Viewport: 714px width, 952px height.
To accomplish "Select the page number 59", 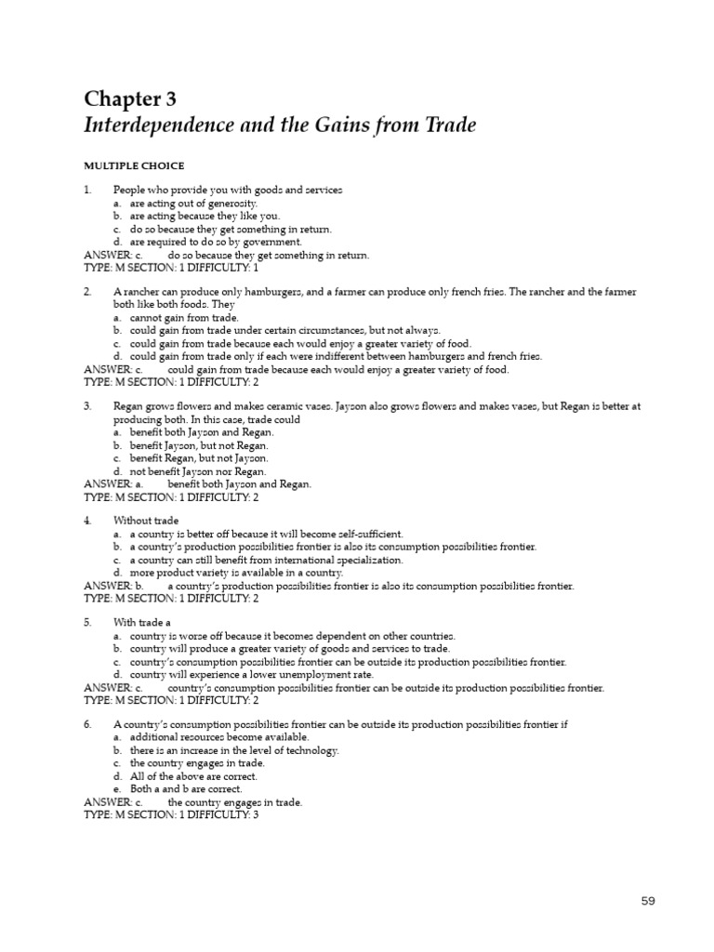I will [649, 901].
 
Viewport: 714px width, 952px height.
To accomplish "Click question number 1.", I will [87, 190].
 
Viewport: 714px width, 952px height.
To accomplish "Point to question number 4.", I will [87, 521].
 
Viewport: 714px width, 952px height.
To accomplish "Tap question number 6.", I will [87, 723].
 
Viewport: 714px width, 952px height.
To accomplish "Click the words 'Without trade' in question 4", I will [146, 521].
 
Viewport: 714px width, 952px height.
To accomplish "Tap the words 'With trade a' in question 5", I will [142, 622].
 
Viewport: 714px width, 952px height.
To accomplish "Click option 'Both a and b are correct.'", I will [186, 788].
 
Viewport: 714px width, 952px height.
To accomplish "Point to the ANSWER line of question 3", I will [198, 484].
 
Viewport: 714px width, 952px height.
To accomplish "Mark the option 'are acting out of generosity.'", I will [192, 203].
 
